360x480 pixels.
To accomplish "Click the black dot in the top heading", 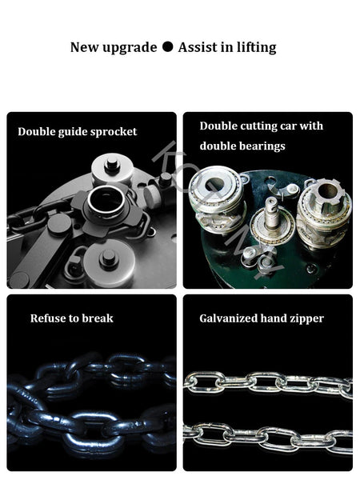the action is tap(167, 47).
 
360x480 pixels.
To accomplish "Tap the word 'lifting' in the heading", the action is tap(257, 48).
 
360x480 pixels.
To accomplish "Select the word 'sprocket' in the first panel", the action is tap(114, 132).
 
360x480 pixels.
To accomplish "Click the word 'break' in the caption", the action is tap(98, 318).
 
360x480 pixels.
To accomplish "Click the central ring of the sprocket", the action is tap(106, 201).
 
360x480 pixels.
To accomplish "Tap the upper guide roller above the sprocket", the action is tap(112, 167).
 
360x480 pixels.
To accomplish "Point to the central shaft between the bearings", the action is tap(272, 214).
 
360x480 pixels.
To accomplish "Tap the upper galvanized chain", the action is tap(268, 384).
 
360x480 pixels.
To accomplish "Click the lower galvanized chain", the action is tap(268, 438).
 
